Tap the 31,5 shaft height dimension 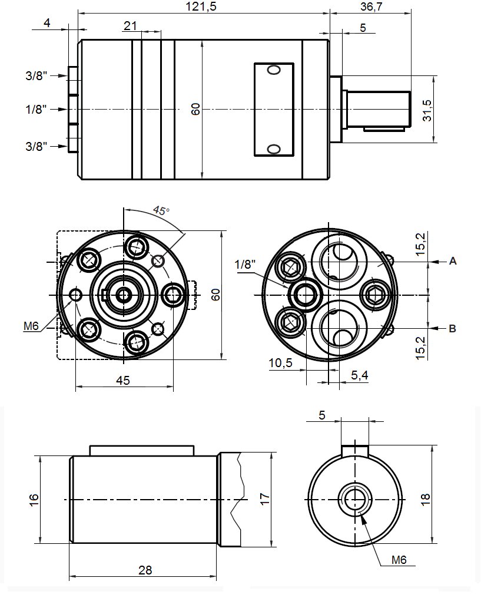pos(427,110)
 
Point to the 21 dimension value pos(130,25)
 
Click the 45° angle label pos(161,210)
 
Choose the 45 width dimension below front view pos(122,381)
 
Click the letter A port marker pos(453,260)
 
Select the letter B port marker pos(453,328)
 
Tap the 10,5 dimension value pos(280,363)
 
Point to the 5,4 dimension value pos(359,375)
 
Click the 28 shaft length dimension pos(145,570)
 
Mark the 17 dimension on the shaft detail pos(265,500)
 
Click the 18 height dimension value pos(427,498)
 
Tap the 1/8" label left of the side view pos(36,110)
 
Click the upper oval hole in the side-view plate pos(274,71)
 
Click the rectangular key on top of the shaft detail pos(141,450)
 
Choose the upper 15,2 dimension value pos(420,244)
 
